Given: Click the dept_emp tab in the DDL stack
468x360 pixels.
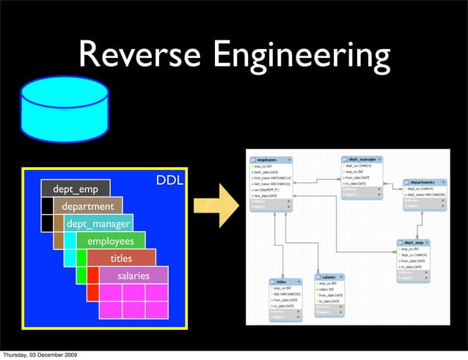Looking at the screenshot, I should click(75, 189).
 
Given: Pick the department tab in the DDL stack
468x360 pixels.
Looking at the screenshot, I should click(88, 207).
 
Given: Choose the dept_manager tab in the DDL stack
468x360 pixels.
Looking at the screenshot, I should click(98, 224).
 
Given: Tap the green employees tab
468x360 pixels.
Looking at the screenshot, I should click(111, 241).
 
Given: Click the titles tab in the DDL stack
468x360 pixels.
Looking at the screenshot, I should click(121, 258).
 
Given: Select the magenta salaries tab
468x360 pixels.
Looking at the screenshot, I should click(133, 276).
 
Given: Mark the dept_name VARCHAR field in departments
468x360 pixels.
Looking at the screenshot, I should click(426, 194).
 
